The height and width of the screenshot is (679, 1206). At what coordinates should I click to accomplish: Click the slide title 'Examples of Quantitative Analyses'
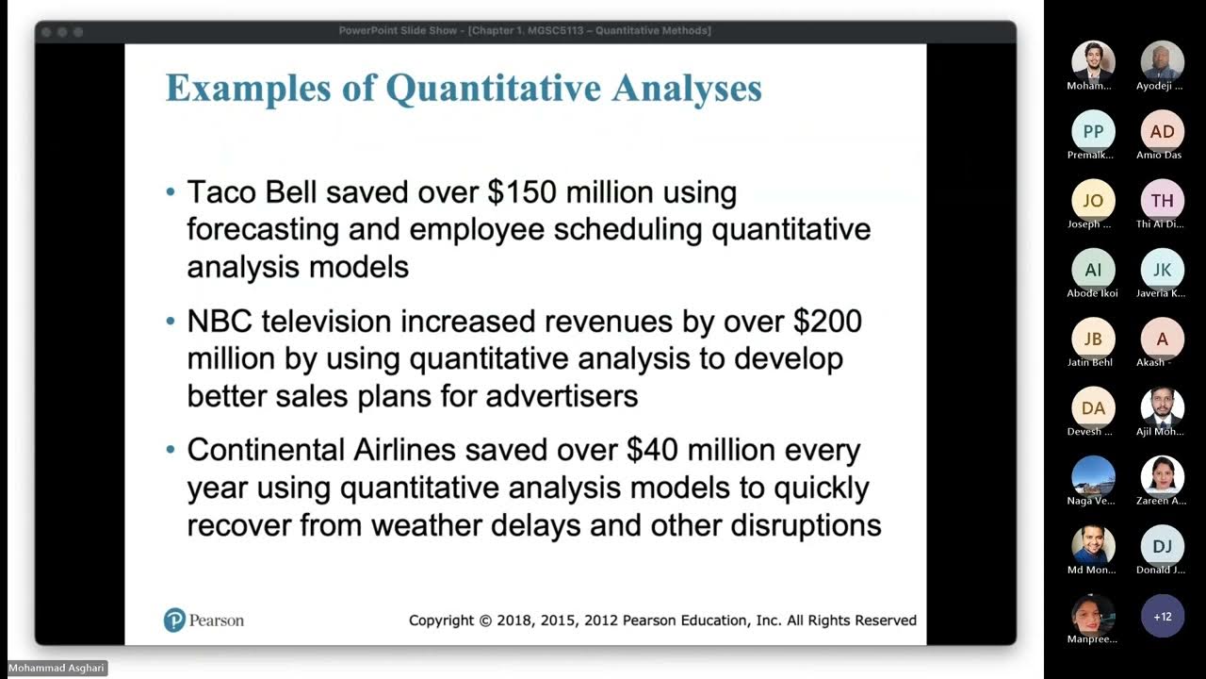464,88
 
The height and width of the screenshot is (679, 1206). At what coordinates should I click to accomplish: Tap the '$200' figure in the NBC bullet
827,322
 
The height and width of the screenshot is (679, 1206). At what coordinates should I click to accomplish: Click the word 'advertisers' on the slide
562,395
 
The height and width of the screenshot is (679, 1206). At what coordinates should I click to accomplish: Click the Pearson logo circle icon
174,620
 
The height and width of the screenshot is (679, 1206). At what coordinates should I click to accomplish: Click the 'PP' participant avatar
1093,131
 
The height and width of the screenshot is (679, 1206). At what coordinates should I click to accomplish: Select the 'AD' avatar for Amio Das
1163,131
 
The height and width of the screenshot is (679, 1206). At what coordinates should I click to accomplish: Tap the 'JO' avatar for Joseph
1093,200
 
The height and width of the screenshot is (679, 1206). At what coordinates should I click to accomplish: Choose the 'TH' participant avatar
1163,200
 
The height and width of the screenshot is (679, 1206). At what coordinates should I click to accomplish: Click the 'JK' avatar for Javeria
1163,270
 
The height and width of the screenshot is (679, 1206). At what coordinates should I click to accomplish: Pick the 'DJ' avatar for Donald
1163,546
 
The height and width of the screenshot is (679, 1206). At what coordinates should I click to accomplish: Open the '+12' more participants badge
1163,616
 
